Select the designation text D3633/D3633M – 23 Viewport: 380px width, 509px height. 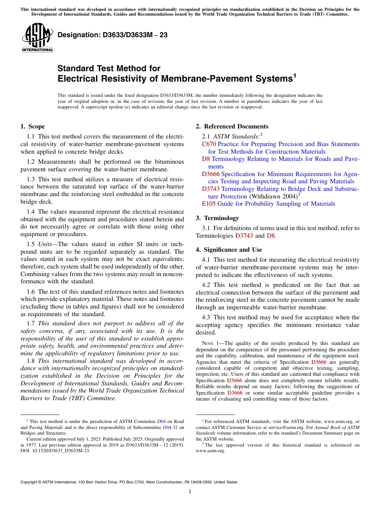coord(112,35)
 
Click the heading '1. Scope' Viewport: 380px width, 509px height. coord(33,126)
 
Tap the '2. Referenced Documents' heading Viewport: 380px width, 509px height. coord(232,126)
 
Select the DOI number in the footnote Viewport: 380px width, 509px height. coord(58,450)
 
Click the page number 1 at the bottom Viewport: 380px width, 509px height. coord(190,491)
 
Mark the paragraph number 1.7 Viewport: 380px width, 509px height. coord(31,323)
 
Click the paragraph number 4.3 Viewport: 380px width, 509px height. coord(207,317)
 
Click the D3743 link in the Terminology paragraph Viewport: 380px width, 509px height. coord(244,236)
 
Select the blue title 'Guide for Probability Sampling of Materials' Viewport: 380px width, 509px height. coord(276,204)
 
